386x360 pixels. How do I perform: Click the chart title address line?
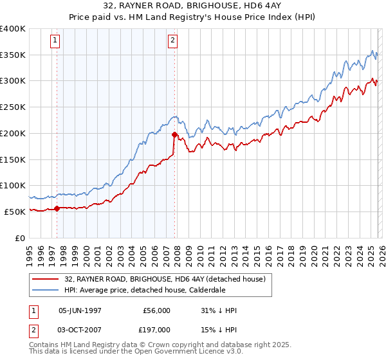(193, 5)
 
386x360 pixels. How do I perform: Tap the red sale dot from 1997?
(57, 208)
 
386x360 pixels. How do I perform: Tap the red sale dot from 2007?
(174, 134)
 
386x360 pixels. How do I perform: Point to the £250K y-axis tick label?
(13, 107)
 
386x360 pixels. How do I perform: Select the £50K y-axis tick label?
(15, 212)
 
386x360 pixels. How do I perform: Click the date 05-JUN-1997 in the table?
(80, 310)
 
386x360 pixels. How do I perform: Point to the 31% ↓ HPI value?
(219, 310)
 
